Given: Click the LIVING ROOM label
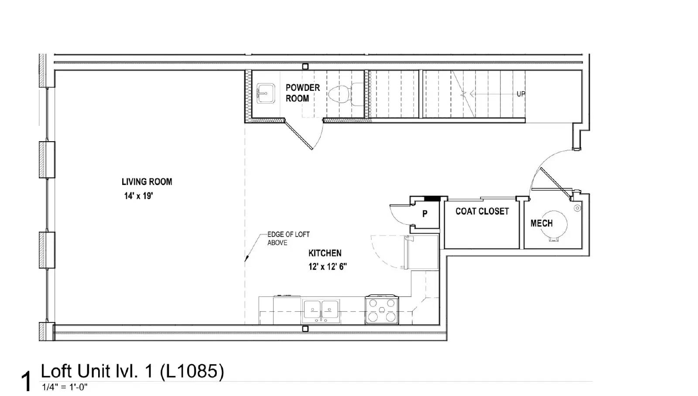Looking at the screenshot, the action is pyautogui.click(x=147, y=182).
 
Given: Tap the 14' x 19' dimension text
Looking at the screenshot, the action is pyautogui.click(x=138, y=196).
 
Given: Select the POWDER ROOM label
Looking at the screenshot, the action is pyautogui.click(x=303, y=93).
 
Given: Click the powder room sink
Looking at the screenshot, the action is pyautogui.click(x=266, y=94).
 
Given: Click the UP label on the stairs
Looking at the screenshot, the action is pyautogui.click(x=521, y=94).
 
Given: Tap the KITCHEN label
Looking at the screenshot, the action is pyautogui.click(x=325, y=253).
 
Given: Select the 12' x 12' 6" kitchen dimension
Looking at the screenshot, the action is pyautogui.click(x=328, y=267).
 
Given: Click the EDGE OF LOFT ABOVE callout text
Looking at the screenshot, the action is pyautogui.click(x=288, y=239).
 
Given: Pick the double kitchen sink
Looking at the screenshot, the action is pyautogui.click(x=321, y=311).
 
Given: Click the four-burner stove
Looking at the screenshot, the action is pyautogui.click(x=382, y=309).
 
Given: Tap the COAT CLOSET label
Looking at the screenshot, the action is pyautogui.click(x=482, y=212).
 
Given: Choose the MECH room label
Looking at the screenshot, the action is pyautogui.click(x=541, y=223).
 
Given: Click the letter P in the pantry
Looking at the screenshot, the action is pyautogui.click(x=425, y=214).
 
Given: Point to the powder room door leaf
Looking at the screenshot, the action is pyautogui.click(x=298, y=135).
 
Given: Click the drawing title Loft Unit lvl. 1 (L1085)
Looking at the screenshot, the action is pyautogui.click(x=133, y=371).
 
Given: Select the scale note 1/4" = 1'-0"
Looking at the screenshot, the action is pyautogui.click(x=65, y=387).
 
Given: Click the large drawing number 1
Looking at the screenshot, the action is pyautogui.click(x=27, y=381).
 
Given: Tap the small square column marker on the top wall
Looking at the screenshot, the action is pyautogui.click(x=305, y=66).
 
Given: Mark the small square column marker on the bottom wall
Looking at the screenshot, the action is pyautogui.click(x=305, y=329).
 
